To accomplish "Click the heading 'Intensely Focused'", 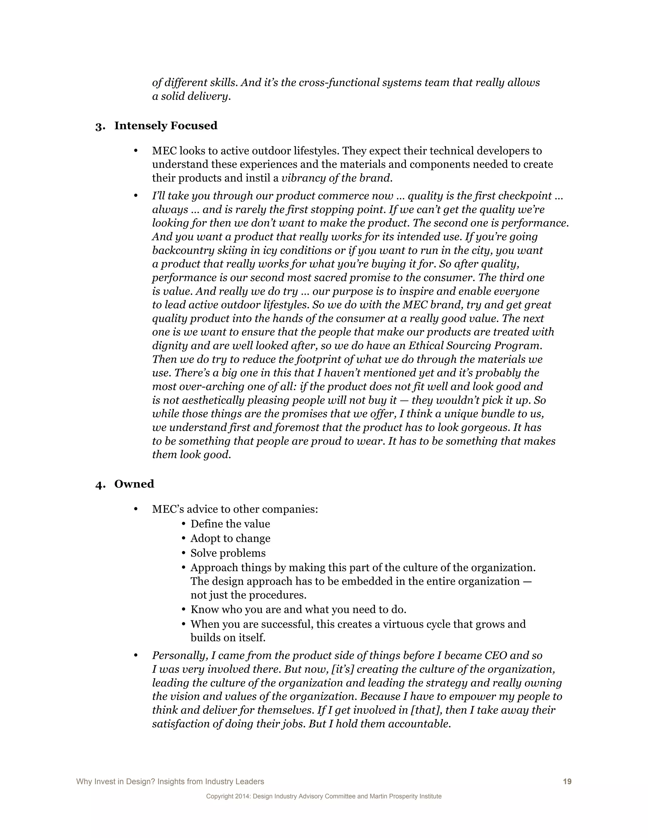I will (165, 126).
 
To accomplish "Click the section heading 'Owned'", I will (134, 484).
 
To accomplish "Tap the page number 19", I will (567, 782).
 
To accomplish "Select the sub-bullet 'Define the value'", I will (230, 524).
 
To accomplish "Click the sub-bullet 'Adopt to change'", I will (230, 538).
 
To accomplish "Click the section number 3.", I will (99, 126).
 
